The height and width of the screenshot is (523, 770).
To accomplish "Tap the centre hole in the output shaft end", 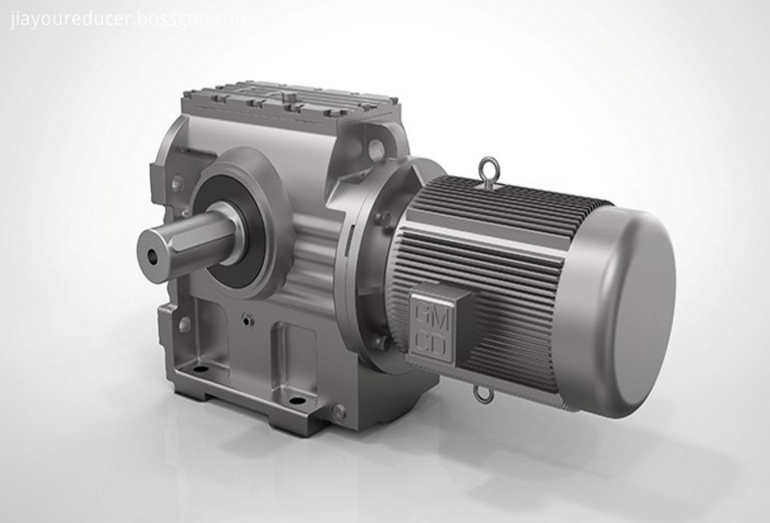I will tap(154, 257).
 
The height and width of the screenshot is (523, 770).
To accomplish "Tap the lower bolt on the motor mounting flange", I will tap(382, 341).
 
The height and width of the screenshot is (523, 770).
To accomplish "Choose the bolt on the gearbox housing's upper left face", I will tap(177, 182).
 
